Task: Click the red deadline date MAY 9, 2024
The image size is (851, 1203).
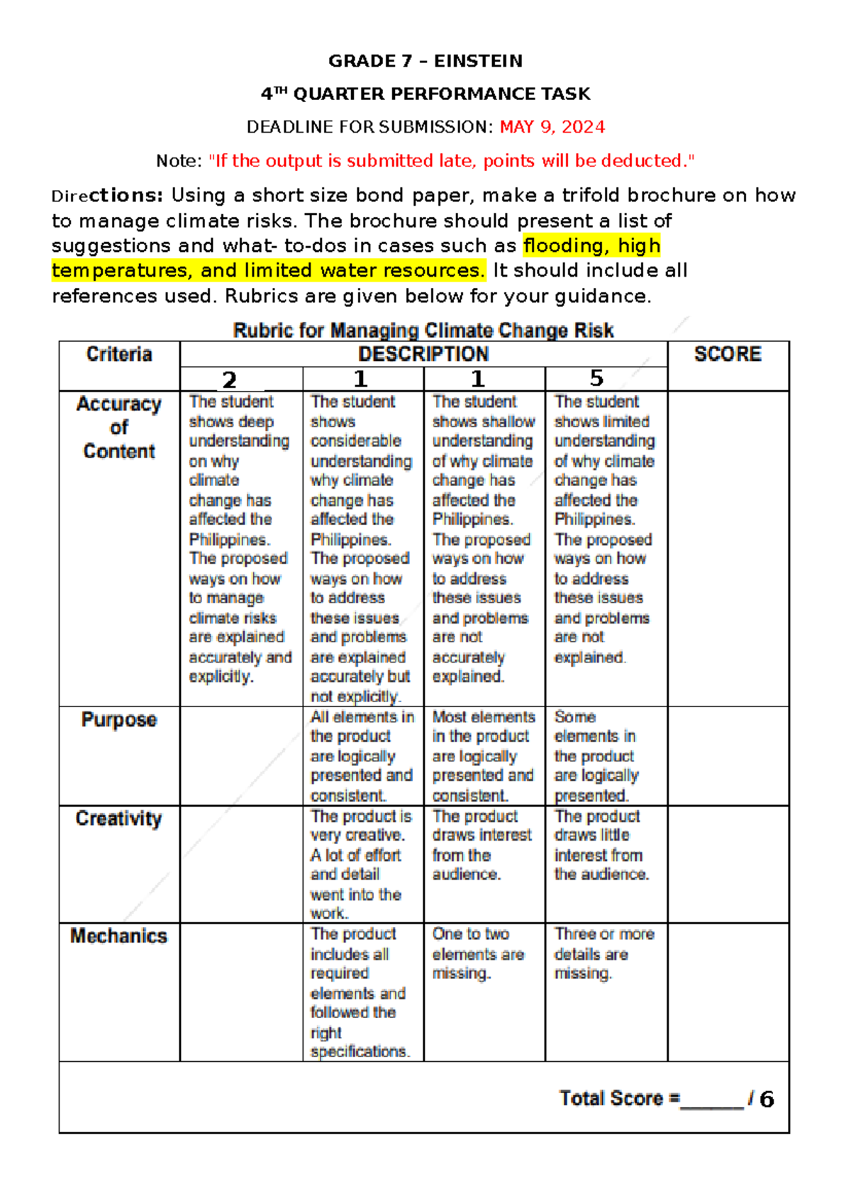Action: click(552, 127)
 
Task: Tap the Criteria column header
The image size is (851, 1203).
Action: click(119, 354)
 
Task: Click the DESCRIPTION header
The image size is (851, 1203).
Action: click(423, 354)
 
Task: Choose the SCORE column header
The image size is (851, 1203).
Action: click(728, 354)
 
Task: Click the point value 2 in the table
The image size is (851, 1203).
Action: click(229, 379)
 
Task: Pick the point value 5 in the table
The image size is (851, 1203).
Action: click(596, 378)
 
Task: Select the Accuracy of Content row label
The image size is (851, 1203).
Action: click(119, 427)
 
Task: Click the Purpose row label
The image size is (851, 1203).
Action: click(119, 719)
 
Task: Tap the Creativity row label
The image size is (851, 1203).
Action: click(119, 819)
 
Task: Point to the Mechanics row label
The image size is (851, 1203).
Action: click(119, 936)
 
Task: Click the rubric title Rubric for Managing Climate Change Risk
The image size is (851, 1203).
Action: click(423, 331)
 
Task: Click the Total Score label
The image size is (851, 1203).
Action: click(619, 1099)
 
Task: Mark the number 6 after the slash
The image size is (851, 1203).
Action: click(767, 1099)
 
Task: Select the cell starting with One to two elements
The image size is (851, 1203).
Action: click(479, 954)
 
